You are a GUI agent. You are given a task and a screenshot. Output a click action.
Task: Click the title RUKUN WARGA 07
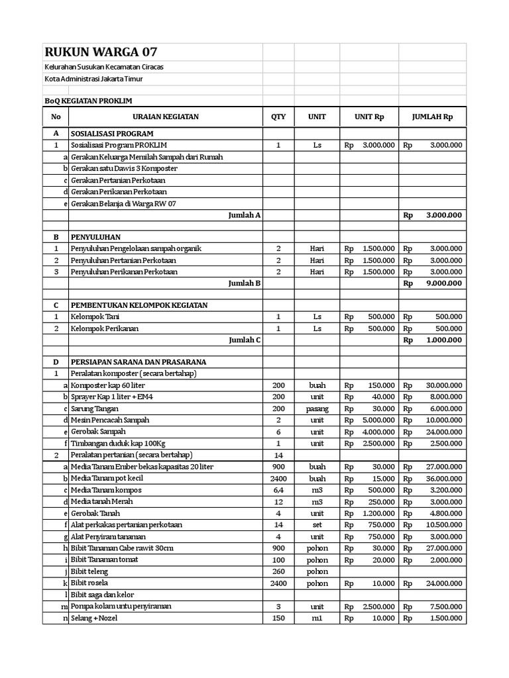tap(101, 52)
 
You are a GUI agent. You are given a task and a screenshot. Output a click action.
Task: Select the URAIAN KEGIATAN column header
tap(166, 117)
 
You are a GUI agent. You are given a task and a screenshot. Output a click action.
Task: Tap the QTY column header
tap(278, 117)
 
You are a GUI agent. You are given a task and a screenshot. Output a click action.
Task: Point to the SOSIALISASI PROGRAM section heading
tap(112, 133)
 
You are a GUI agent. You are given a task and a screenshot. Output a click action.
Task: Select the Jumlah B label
tap(245, 283)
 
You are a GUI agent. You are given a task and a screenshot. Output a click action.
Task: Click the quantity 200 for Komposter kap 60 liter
tap(278, 385)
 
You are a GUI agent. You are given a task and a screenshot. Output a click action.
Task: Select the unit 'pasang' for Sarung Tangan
tap(317, 409)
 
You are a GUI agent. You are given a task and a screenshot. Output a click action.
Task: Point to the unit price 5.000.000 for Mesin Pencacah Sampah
tap(378, 420)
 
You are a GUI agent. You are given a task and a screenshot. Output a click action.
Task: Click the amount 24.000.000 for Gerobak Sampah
tap(444, 432)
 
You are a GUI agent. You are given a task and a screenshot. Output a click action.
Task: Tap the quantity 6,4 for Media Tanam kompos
tap(278, 490)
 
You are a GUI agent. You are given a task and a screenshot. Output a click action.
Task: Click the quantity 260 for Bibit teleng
tap(278, 571)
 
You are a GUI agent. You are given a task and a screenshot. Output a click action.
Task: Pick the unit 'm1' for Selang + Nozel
tap(317, 618)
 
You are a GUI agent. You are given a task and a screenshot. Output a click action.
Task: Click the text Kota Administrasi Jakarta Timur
tap(103, 79)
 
